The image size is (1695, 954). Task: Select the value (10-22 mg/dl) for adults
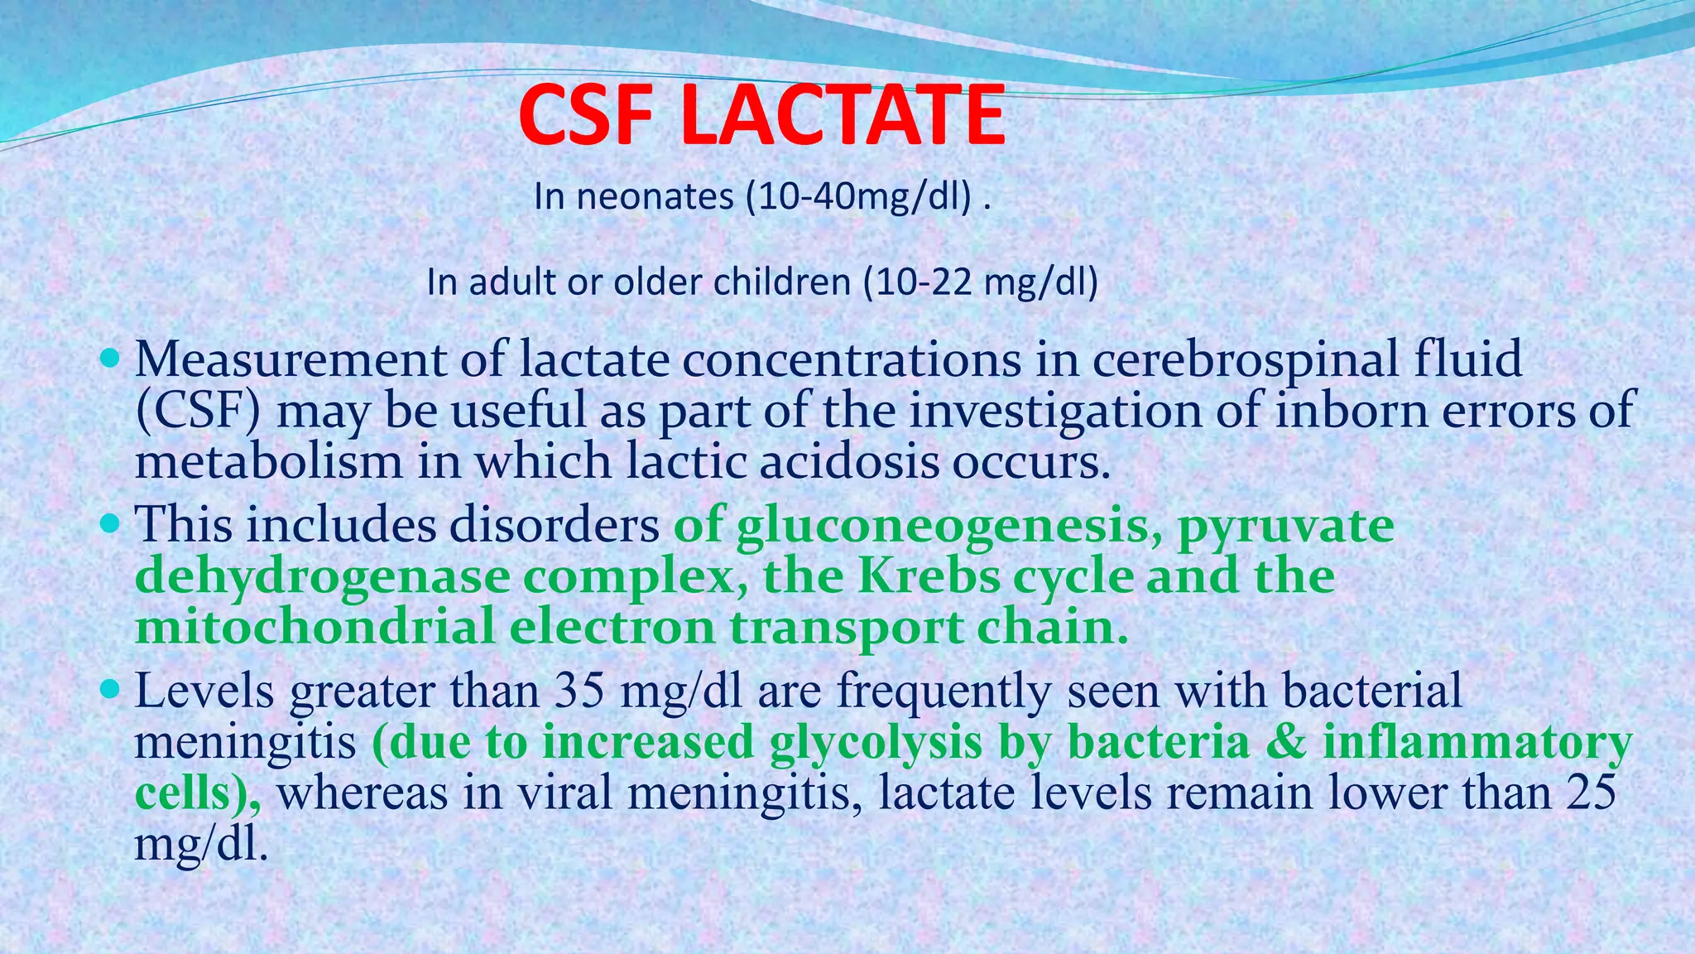click(x=981, y=283)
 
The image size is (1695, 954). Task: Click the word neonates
click(x=655, y=197)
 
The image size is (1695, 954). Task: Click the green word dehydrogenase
click(x=322, y=577)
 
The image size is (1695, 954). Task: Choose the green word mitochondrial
click(x=315, y=627)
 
